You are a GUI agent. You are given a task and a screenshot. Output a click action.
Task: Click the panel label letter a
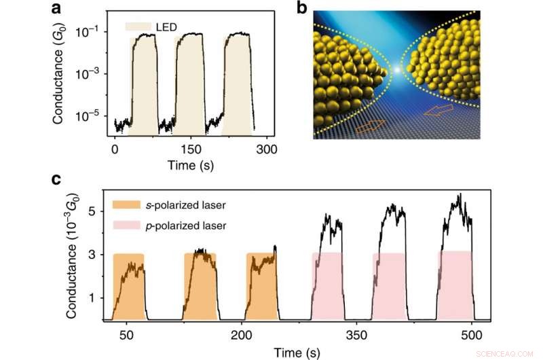tap(59, 9)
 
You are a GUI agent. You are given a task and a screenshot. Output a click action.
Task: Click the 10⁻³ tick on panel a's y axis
tap(93, 73)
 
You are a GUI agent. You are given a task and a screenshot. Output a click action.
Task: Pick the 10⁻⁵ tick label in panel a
tap(93, 116)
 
